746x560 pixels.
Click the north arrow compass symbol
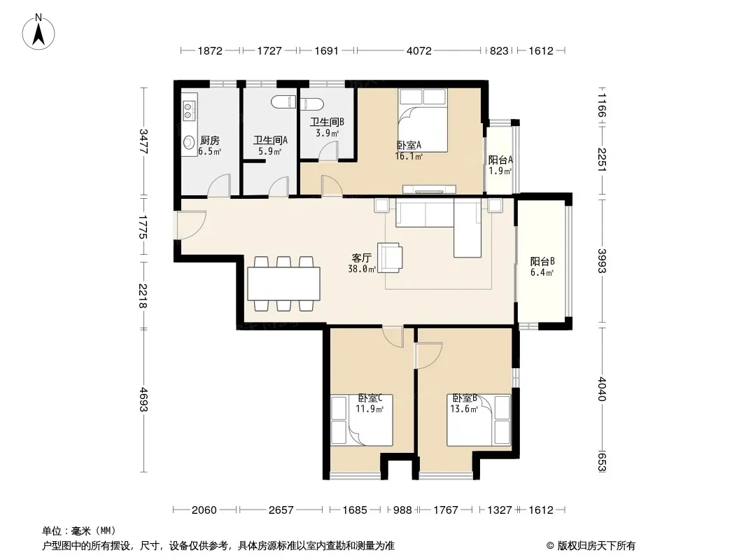pyautogui.click(x=38, y=32)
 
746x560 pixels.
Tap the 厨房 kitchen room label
pyautogui.click(x=210, y=141)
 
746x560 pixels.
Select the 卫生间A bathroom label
pyautogui.click(x=270, y=141)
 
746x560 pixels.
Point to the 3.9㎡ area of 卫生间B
pyautogui.click(x=328, y=133)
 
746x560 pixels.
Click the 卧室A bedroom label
pyautogui.click(x=409, y=145)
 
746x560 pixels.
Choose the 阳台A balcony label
pyautogui.click(x=500, y=160)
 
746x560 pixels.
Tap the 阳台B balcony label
pyautogui.click(x=542, y=261)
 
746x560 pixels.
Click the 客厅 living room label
pyautogui.click(x=362, y=258)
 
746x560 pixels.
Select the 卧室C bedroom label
pyautogui.click(x=370, y=398)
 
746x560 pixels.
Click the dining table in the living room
pyautogui.click(x=284, y=283)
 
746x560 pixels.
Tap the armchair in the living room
pyautogui.click(x=390, y=258)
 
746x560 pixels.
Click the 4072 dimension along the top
pyautogui.click(x=419, y=50)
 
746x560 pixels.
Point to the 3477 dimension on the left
pyautogui.click(x=143, y=141)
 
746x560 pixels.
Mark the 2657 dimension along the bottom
pyautogui.click(x=281, y=510)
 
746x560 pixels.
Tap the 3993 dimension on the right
pyautogui.click(x=602, y=260)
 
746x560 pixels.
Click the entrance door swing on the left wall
pyautogui.click(x=190, y=225)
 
